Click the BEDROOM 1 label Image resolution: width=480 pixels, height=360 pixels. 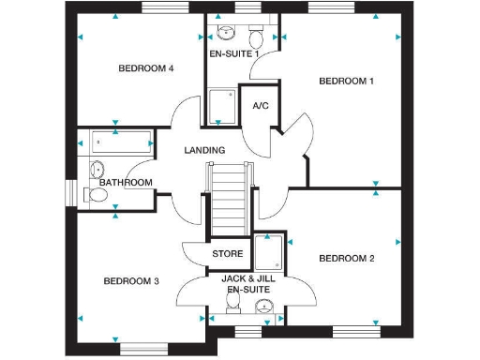pos(346,81)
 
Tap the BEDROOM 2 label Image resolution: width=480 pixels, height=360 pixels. pos(346,258)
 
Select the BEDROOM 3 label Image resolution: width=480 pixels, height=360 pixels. pos(130,281)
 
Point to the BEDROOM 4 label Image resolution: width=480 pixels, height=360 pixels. pos(145,68)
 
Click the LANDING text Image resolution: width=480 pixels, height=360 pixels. pos(204,150)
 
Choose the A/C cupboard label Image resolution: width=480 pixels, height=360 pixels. pos(261,105)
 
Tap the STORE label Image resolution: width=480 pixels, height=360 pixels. pos(228,254)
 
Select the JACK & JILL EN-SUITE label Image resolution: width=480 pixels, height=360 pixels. pos(247,285)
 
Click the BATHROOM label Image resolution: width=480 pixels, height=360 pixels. pos(126,182)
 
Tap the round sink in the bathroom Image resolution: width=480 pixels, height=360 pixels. pos(96,170)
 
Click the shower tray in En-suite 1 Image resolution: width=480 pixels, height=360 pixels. pos(222,105)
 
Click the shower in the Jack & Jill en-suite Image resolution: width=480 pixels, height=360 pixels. pos(270,251)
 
